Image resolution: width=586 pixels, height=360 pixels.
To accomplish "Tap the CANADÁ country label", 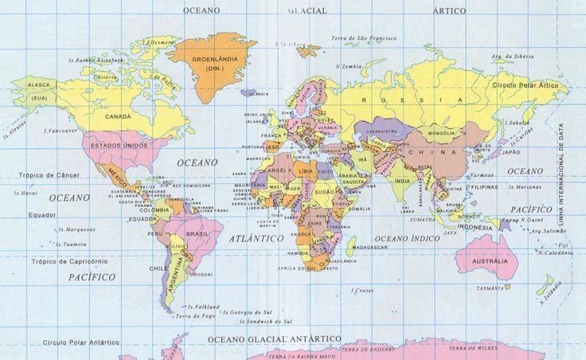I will tap(118, 116).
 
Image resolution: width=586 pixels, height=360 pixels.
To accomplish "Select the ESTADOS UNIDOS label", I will tap(119, 147).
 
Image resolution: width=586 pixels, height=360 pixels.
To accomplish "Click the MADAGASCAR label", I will tap(369, 248).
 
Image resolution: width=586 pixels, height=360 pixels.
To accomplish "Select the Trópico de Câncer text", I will tap(48, 174).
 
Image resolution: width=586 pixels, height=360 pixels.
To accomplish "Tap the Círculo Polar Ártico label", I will tap(525, 84).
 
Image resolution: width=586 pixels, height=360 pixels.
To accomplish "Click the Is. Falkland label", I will tap(203, 307).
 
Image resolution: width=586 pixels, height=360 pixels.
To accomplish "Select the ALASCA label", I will tap(39, 84).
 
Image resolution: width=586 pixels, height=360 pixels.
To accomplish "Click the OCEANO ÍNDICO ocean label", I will tap(408, 238).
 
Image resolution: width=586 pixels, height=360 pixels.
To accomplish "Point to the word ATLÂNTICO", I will tap(256, 238).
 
